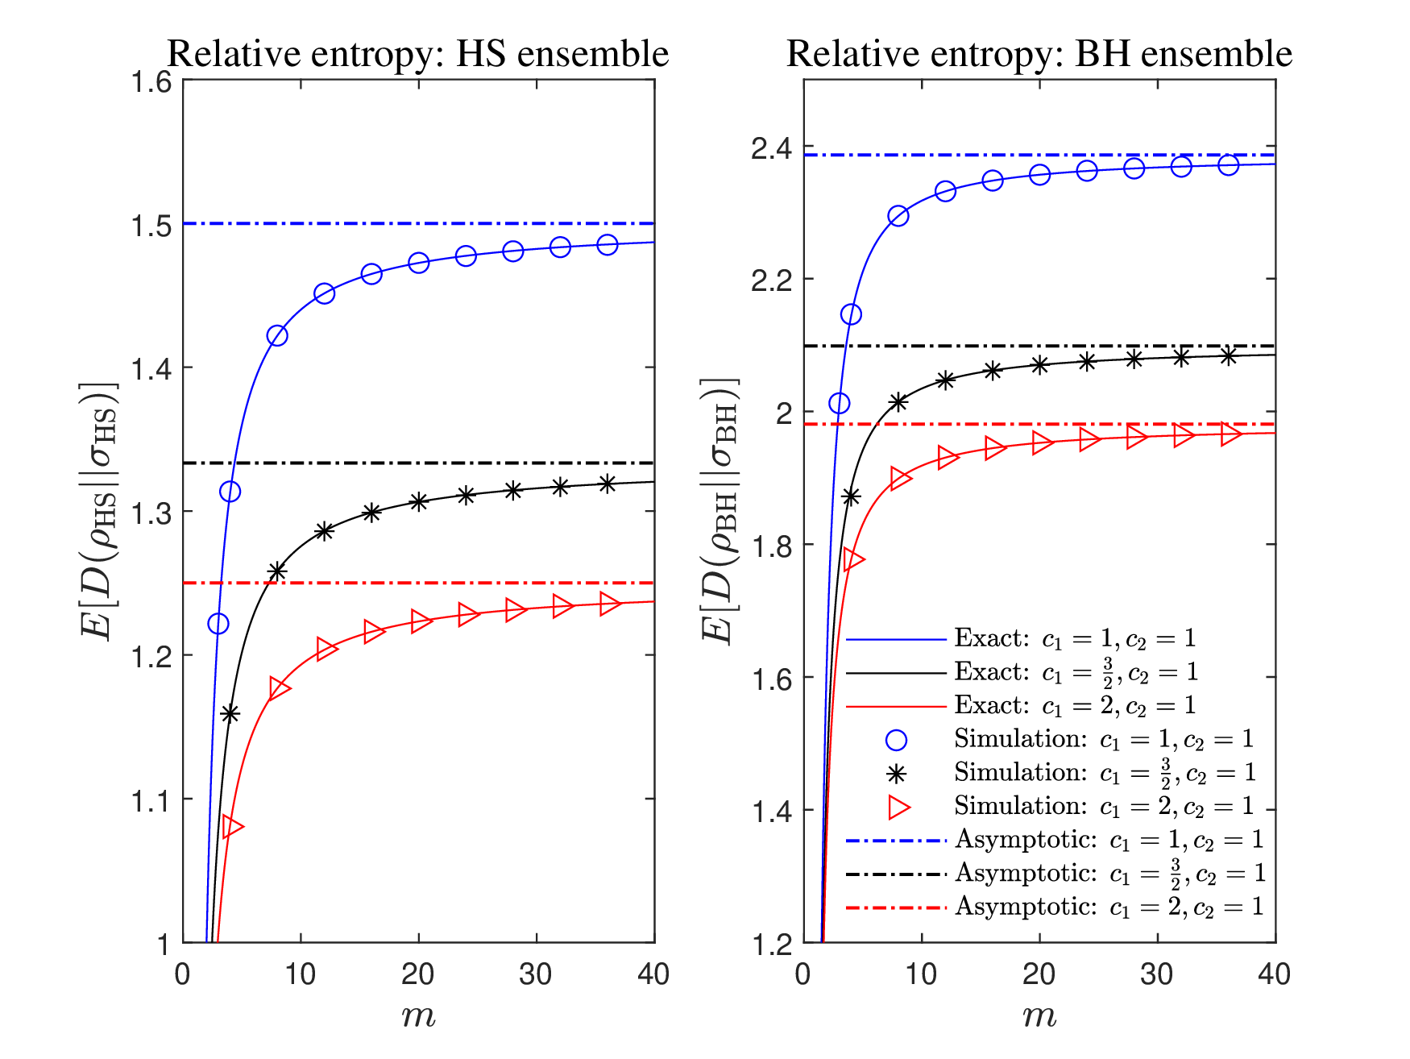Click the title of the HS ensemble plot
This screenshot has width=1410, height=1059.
tap(417, 54)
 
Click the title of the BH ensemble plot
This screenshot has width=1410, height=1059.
tap(1039, 54)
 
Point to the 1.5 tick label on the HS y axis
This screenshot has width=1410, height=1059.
tap(152, 225)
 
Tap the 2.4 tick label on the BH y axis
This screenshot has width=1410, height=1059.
tap(771, 150)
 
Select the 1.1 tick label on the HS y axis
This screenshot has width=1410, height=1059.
tap(152, 800)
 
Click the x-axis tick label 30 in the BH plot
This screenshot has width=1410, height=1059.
tap(1157, 974)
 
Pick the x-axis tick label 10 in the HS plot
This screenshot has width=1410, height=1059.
tap(300, 974)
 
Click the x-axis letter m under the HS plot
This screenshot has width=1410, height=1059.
tap(418, 1016)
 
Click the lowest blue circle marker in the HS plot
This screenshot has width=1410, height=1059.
tap(218, 624)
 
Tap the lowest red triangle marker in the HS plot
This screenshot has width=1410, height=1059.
tap(232, 826)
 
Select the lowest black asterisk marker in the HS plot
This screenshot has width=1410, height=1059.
tap(230, 713)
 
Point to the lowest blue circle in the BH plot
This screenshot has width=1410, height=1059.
tap(840, 404)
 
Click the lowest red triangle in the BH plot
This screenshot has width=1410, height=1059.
tap(853, 560)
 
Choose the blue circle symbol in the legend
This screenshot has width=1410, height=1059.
tap(896, 740)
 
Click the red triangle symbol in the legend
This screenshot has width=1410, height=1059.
tap(898, 807)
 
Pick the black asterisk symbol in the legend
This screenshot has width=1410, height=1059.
tap(896, 774)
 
